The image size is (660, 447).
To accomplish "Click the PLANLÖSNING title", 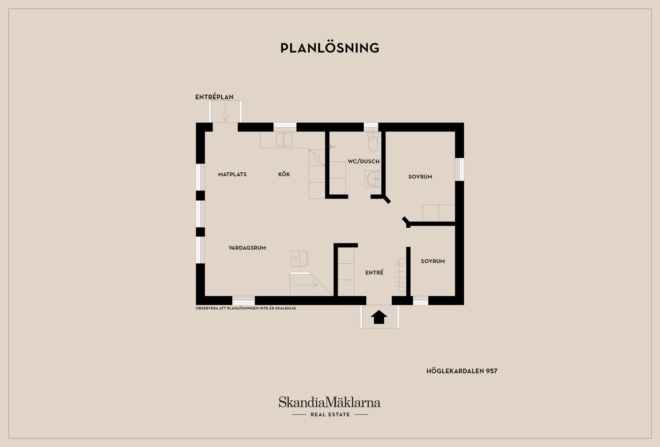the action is [x=330, y=48].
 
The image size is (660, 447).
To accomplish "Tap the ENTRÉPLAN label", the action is [x=214, y=97].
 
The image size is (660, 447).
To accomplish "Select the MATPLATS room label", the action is [x=232, y=174].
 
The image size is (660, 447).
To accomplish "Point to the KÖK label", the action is [x=284, y=174].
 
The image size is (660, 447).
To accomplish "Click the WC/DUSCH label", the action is [x=364, y=161].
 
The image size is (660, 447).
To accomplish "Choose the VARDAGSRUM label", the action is [x=247, y=248].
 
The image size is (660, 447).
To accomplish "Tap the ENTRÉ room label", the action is [x=374, y=272].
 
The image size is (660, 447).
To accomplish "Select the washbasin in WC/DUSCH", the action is [x=372, y=179].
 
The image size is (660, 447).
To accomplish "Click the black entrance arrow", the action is [x=379, y=317].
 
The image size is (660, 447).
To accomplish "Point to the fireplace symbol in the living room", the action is [x=299, y=259].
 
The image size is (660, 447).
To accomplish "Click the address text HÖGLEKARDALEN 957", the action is [x=462, y=371].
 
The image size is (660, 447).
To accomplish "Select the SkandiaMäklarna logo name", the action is [x=330, y=402].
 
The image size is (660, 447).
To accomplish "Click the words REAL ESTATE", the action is [x=330, y=415].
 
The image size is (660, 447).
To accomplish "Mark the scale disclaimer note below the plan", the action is [x=246, y=308].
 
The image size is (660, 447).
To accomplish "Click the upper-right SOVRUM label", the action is [x=420, y=177].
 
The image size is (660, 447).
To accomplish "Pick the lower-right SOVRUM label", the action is [x=433, y=261].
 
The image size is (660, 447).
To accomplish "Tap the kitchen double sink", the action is [x=284, y=140].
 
